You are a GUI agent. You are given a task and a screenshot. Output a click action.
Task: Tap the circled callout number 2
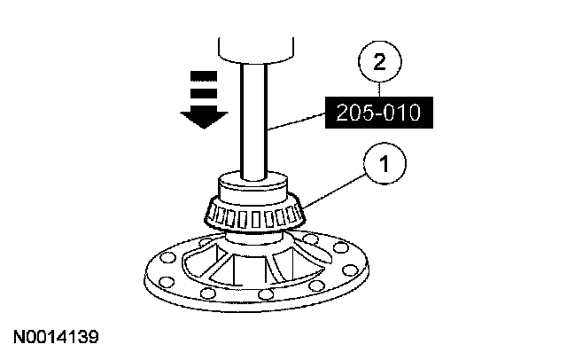click(x=380, y=62)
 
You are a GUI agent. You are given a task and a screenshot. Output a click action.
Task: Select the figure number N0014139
click(x=56, y=338)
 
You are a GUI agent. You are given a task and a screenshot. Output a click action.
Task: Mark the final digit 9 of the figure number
click(x=93, y=338)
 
